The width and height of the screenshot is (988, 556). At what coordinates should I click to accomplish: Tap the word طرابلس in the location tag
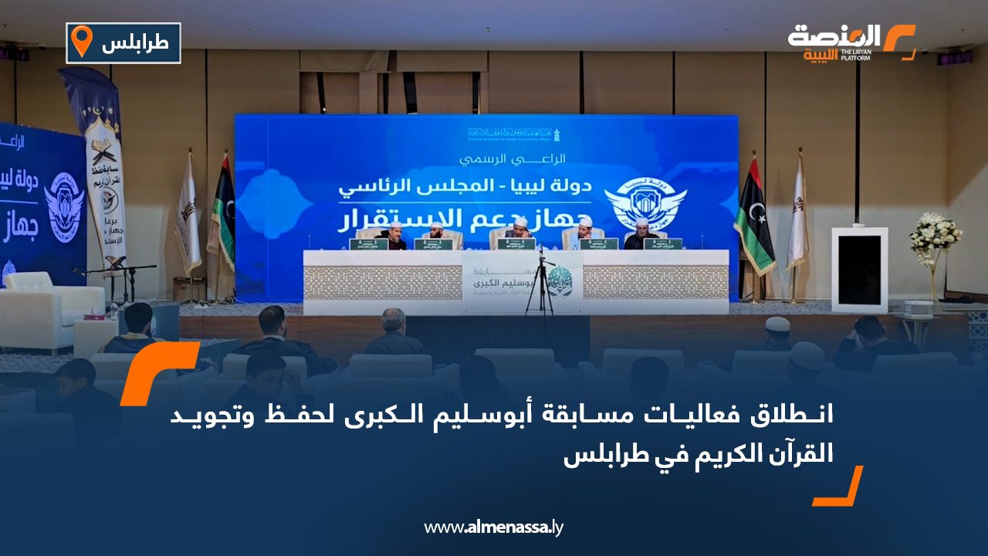(135, 43)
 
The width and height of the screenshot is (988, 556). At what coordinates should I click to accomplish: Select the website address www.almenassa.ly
(494, 527)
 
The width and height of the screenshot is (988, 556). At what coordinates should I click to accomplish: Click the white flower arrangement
(935, 234)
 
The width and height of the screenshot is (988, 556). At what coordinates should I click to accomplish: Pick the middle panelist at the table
(518, 232)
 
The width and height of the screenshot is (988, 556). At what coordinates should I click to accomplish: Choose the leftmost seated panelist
(394, 235)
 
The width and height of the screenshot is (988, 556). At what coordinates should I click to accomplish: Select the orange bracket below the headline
(840, 487)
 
